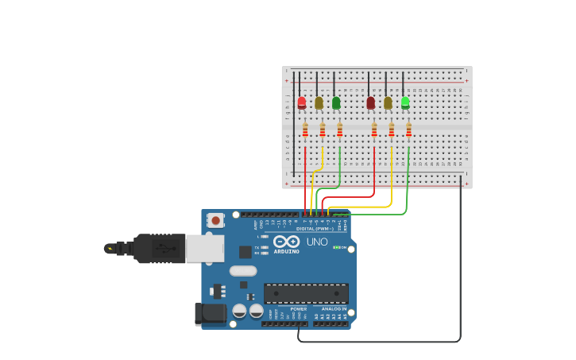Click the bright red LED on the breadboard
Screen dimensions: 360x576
pos(302,103)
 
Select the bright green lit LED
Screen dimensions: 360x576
pos(405,102)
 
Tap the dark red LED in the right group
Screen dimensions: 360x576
pos(370,103)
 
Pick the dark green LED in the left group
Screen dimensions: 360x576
pos(336,103)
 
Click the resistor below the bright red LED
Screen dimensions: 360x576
pos(305,130)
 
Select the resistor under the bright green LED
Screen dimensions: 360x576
pos(408,130)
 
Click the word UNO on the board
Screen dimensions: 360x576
pos(317,242)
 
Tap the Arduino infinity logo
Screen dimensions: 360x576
pos(286,241)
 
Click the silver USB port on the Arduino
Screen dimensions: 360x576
pos(204,248)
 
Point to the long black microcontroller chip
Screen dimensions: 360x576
pos(306,293)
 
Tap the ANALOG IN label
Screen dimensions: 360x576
pos(333,308)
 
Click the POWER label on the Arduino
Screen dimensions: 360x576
pos(298,308)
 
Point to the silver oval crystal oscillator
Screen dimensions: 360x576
pos(243,270)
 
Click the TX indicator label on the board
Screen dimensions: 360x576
pos(257,246)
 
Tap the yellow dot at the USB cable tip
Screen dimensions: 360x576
pos(108,249)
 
